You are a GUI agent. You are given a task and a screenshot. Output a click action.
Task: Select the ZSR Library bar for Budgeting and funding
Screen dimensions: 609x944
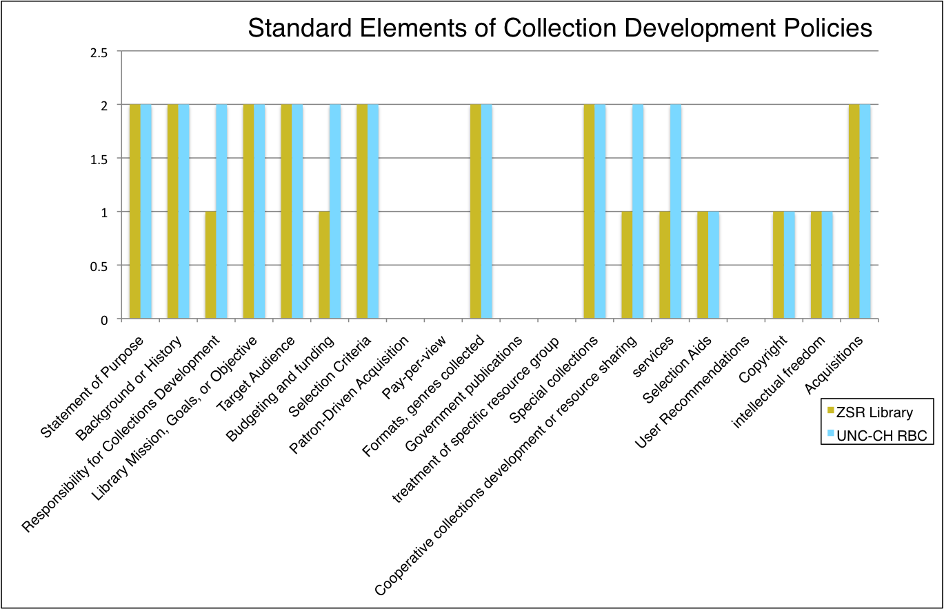pos(324,265)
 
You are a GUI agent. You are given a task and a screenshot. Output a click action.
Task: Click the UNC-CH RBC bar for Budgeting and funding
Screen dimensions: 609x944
pos(335,212)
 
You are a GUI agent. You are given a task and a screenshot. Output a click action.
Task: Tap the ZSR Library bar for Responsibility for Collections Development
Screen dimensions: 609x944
pos(211,265)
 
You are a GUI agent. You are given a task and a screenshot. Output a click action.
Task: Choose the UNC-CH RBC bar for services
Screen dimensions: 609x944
pos(676,212)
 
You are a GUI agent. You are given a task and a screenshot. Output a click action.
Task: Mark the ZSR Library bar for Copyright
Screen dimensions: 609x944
pos(779,265)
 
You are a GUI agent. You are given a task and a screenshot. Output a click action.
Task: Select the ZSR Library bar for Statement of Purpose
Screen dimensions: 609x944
pos(135,212)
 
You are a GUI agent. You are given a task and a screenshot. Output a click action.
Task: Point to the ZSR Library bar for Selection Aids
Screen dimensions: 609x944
pos(703,265)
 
